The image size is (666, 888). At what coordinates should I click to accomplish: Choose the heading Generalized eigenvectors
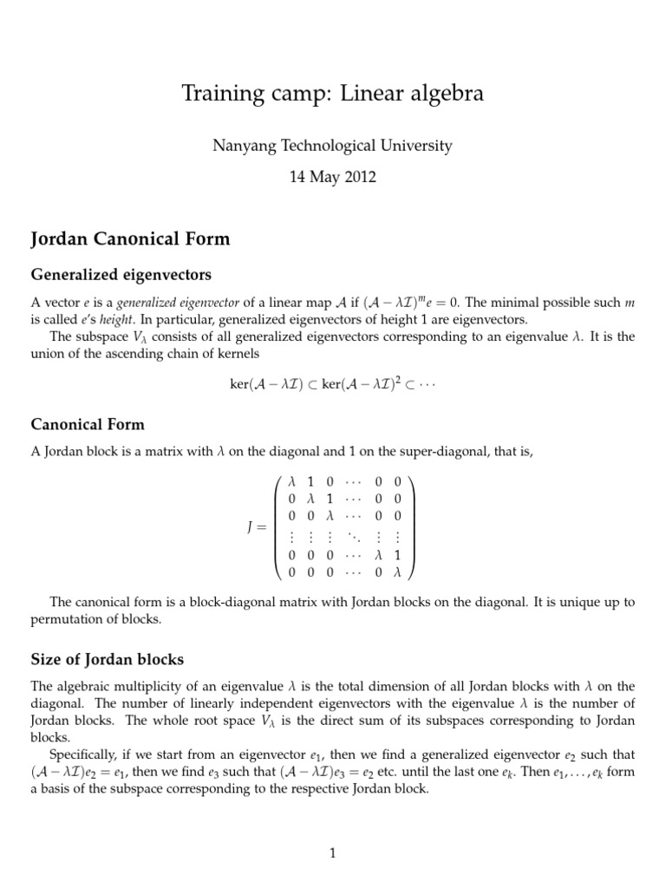point(121,275)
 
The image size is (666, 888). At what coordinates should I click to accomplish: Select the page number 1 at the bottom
point(332,854)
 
